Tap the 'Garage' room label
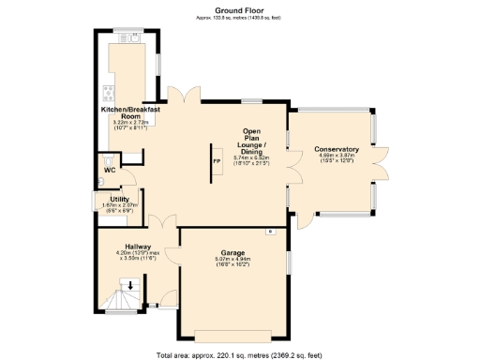[x=233, y=253]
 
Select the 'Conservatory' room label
[x=336, y=150]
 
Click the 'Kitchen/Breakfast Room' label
[x=130, y=112]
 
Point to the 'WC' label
[x=110, y=170]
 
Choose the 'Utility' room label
[x=119, y=199]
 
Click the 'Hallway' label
[x=126, y=247]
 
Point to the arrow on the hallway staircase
[x=132, y=285]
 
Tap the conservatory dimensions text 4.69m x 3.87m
[x=336, y=157]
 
